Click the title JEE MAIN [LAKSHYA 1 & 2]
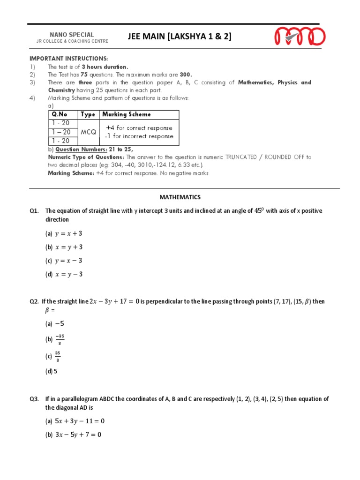[x=180, y=37]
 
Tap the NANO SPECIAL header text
[x=72, y=35]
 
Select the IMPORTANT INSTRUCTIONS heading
[x=68, y=58]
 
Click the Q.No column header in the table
[x=60, y=114]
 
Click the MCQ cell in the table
[x=88, y=132]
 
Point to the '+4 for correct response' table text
[x=139, y=128]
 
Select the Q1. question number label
[x=34, y=211]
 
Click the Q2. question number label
[x=34, y=301]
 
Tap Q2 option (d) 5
[x=52, y=372]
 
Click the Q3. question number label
[x=34, y=399]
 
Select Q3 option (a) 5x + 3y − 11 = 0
[x=75, y=421]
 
